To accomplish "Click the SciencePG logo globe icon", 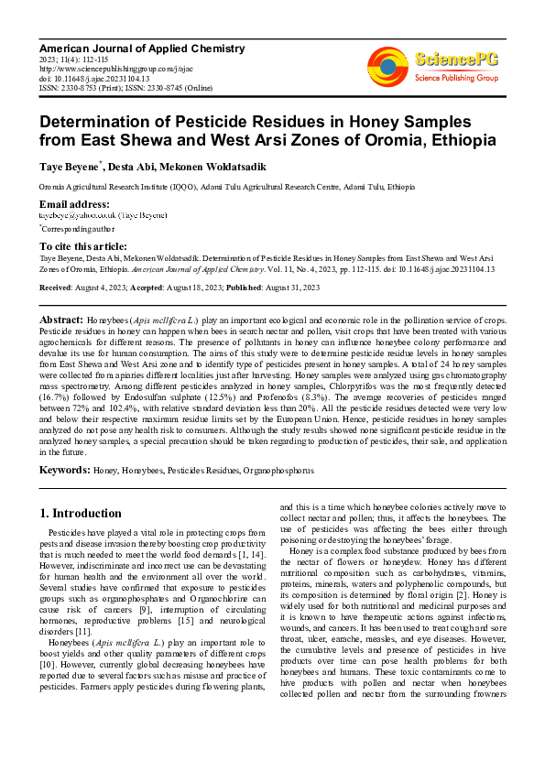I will coord(388,65).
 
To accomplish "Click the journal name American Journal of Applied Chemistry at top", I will coord(142,48).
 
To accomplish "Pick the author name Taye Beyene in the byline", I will coord(69,168).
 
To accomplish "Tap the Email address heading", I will coord(74,203).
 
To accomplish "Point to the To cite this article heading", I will coord(83,246).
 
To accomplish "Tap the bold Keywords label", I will coord(64,470).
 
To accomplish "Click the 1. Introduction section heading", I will coord(89,513).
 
